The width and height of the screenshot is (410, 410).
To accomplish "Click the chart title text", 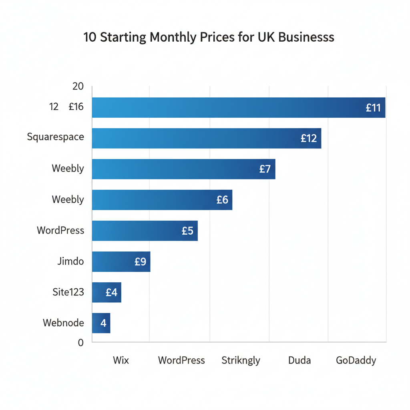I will (x=209, y=38).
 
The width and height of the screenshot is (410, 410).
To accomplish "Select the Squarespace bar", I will (x=206, y=138).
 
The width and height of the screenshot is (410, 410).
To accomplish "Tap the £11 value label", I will (x=373, y=108).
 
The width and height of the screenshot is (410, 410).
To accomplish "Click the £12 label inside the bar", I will (x=309, y=139).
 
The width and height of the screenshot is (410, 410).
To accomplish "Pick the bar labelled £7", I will (x=183, y=169).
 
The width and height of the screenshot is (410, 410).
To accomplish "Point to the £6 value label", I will (x=222, y=200).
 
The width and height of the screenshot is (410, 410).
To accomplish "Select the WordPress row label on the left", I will (x=60, y=231).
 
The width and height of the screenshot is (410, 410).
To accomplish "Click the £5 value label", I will (x=187, y=231).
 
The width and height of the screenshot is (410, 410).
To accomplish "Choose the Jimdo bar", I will (x=121, y=261).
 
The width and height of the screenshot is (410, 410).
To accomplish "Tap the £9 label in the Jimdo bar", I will (x=141, y=262).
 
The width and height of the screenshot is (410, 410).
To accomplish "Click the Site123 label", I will (x=68, y=292).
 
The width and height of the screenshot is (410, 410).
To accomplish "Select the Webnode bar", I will (x=101, y=323).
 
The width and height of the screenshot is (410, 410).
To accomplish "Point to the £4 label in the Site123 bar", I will (x=111, y=293).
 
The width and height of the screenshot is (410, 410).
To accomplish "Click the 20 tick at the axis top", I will (x=78, y=86).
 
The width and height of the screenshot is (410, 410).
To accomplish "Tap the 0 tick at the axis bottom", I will (x=80, y=343).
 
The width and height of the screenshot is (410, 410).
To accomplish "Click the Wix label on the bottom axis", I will (x=121, y=360).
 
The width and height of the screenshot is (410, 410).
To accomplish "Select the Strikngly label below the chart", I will (x=241, y=360).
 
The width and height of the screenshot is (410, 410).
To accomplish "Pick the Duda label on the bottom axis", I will (x=299, y=360).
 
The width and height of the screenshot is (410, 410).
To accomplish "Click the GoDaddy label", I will (x=356, y=360).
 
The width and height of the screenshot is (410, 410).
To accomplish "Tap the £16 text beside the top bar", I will (x=76, y=107).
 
